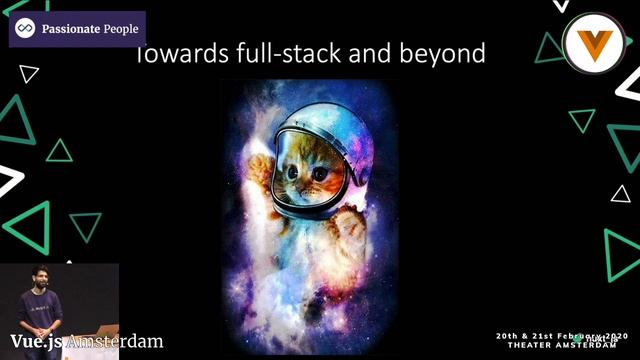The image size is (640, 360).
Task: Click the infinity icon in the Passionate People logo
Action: pos(25,29)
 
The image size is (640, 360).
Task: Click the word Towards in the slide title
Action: pos(173,54)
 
